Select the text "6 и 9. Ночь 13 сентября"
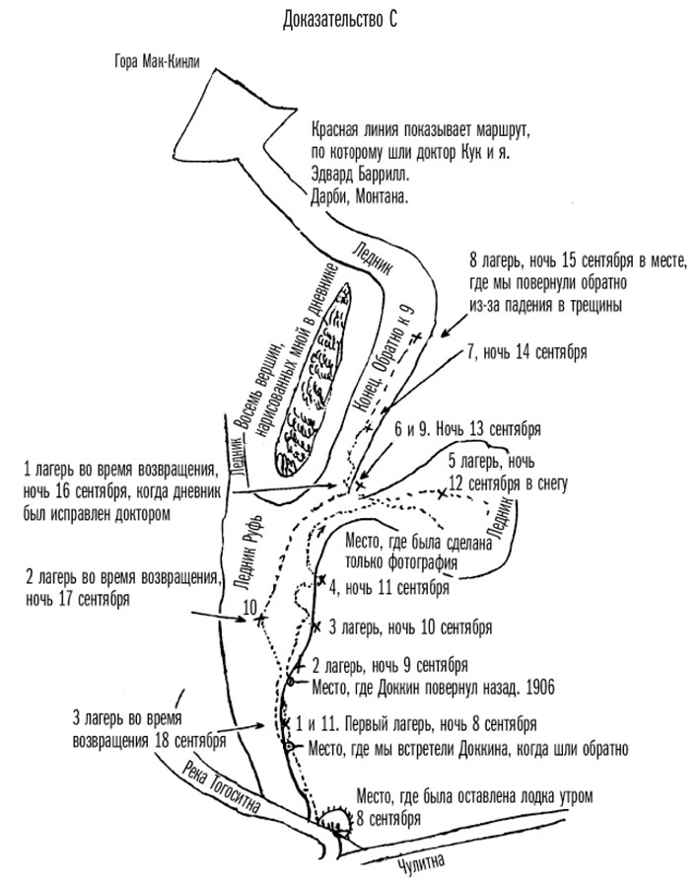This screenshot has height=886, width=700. coord(466,430)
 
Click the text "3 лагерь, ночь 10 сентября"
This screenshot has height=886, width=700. coord(409,627)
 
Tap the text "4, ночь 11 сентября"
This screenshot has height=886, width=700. coord(389,588)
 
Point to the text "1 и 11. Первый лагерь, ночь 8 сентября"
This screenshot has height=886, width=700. coord(409,721)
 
